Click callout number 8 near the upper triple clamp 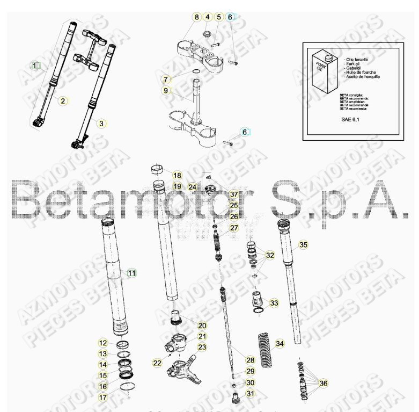tap(197, 17)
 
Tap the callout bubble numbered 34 tap(279, 343)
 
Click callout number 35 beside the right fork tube tap(303, 245)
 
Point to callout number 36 tap(322, 383)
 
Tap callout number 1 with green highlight tap(35, 66)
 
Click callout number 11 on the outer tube tap(132, 273)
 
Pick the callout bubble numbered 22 tap(157, 363)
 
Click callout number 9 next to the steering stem tap(166, 91)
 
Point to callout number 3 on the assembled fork tap(100, 123)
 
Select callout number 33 tap(274, 303)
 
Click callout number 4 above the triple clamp tap(208, 17)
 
